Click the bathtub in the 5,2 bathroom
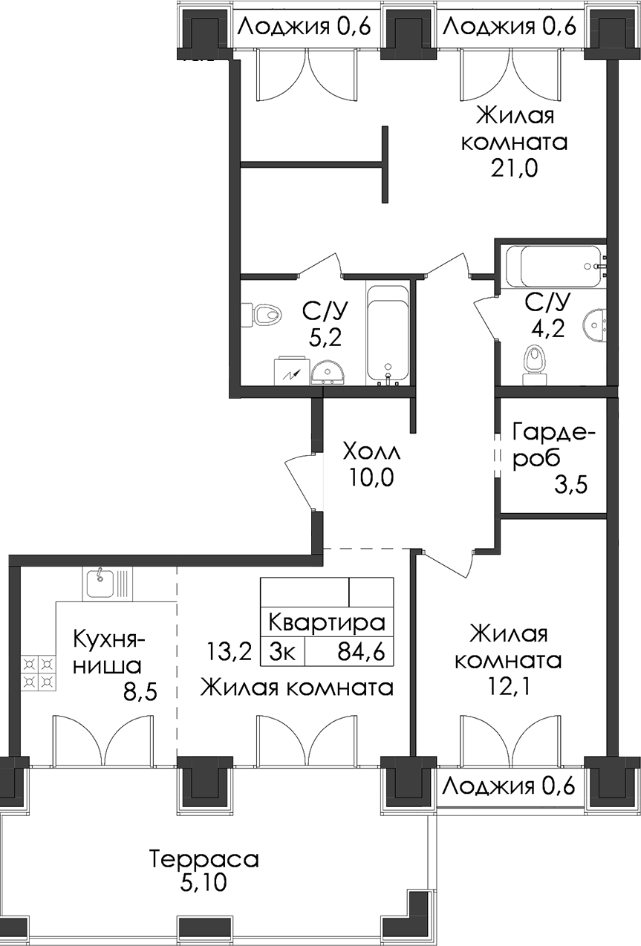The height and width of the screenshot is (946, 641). coord(388,336)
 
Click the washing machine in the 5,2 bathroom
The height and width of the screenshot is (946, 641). coord(293,371)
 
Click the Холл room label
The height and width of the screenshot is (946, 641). coord(371,453)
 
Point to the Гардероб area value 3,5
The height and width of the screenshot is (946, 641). coord(571,485)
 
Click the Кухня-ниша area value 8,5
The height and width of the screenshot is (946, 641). coord(140,693)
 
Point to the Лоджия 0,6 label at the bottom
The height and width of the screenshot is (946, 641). coord(510,786)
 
